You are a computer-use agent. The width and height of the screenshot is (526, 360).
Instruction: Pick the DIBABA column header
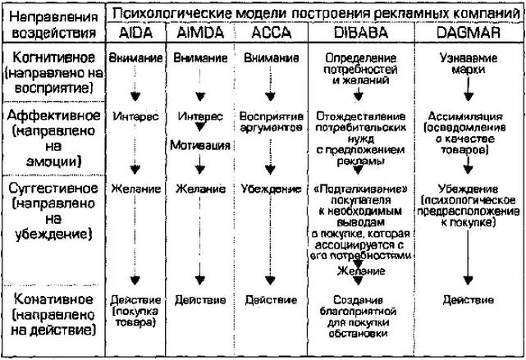(x=359, y=34)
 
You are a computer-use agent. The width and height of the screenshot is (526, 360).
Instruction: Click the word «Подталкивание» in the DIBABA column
(x=359, y=188)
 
